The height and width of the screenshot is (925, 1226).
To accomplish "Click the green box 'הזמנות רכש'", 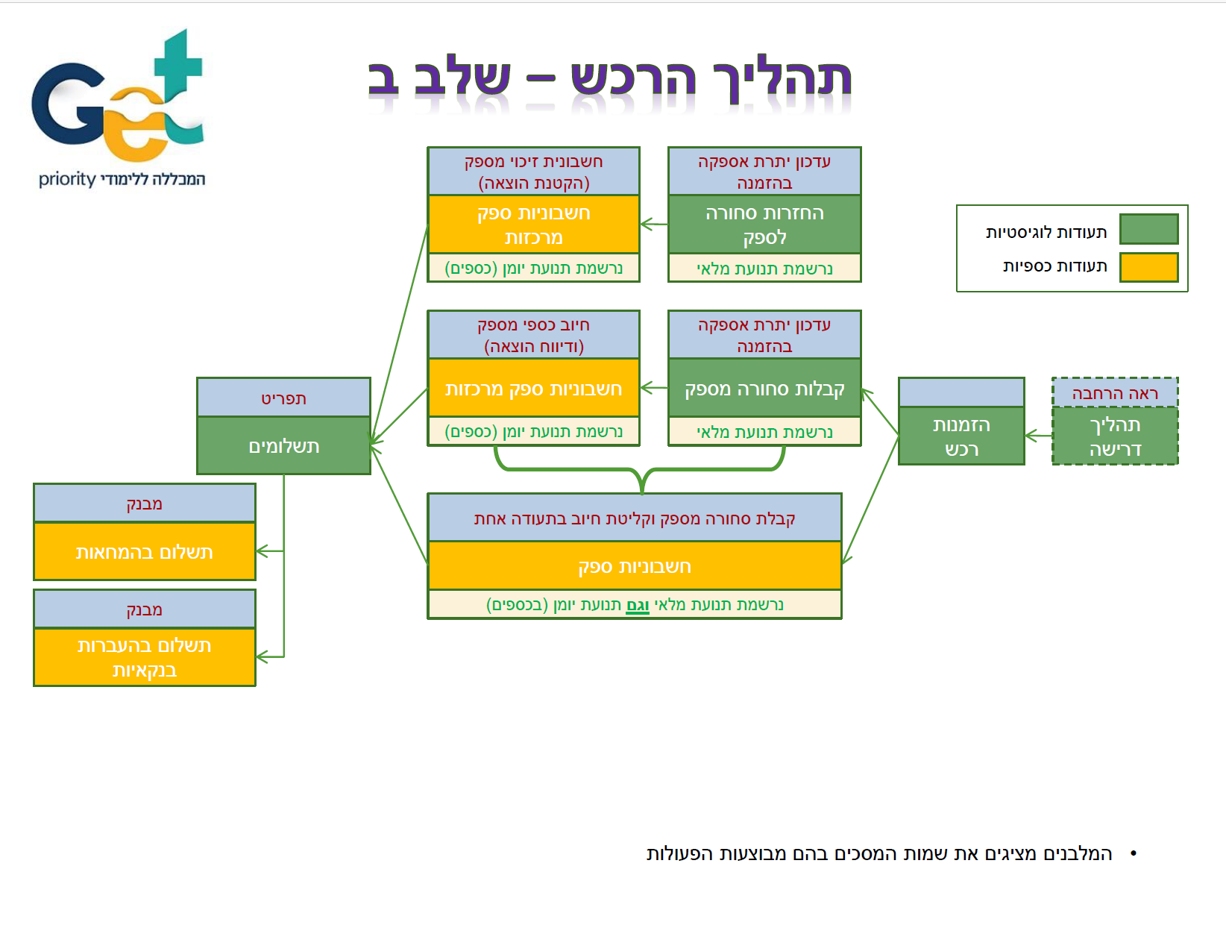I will tap(961, 436).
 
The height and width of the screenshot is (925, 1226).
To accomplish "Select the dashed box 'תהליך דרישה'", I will tap(1115, 436).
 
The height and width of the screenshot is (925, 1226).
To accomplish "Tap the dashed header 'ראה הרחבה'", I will tap(1115, 393).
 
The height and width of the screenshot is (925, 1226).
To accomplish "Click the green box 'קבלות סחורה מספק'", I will tap(764, 389).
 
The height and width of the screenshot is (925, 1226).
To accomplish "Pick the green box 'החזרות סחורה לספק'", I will tap(764, 225).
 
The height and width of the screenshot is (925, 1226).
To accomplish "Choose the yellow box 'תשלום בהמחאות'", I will tap(145, 552).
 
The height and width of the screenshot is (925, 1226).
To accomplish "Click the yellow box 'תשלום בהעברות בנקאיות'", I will tap(145, 657).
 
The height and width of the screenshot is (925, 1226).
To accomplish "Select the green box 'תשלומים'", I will tap(283, 446).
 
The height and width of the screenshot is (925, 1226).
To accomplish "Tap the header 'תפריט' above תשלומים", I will tap(283, 398).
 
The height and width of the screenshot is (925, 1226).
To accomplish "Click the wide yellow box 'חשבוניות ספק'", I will tap(635, 566).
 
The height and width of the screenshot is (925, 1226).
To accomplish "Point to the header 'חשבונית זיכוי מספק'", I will tap(533, 172).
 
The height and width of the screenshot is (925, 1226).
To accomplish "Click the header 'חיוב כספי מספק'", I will tap(533, 335).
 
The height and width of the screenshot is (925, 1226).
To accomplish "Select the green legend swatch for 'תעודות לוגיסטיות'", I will tap(1148, 229).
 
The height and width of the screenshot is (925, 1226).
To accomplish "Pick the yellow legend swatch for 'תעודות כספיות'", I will tap(1148, 267).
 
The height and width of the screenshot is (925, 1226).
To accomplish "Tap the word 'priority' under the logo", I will tap(67, 179).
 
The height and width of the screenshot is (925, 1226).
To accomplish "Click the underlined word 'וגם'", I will tap(638, 605).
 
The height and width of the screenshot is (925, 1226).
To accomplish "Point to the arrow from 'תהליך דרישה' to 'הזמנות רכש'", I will tap(1038, 436).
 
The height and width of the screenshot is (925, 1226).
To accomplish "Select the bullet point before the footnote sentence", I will tap(1134, 853).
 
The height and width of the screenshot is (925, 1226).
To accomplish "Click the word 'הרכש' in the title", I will tap(633, 78).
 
